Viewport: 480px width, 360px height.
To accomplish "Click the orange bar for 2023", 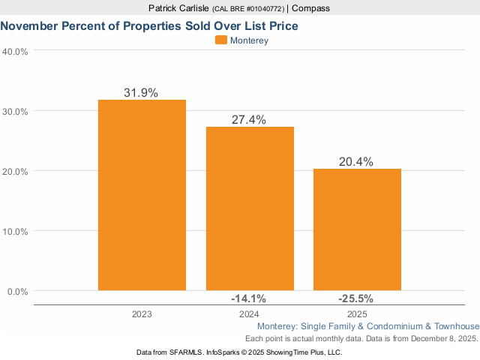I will [142, 195].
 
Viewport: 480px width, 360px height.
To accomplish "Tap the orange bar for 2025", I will [357, 229].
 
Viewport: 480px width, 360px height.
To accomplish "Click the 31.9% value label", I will [142, 93].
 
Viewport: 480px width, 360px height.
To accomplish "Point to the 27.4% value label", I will [249, 120].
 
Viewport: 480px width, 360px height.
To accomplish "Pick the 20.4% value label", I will [357, 162].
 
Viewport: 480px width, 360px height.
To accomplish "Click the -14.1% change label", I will [249, 298].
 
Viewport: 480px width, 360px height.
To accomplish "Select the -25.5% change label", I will [357, 298].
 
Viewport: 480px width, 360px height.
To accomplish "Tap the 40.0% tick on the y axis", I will [16, 51].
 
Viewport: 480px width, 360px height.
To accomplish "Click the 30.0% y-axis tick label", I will [16, 111].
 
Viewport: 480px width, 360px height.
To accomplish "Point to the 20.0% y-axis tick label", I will [16, 171].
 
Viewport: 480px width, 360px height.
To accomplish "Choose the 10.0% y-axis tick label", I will [16, 231].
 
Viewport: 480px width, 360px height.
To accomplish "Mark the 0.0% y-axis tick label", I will [18, 291].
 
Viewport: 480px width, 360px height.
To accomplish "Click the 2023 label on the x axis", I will [142, 314].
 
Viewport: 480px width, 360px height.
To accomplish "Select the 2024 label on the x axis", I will [249, 314].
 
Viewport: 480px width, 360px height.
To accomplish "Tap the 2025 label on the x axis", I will [357, 314].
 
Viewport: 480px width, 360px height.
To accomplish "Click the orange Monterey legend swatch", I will [221, 40].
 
